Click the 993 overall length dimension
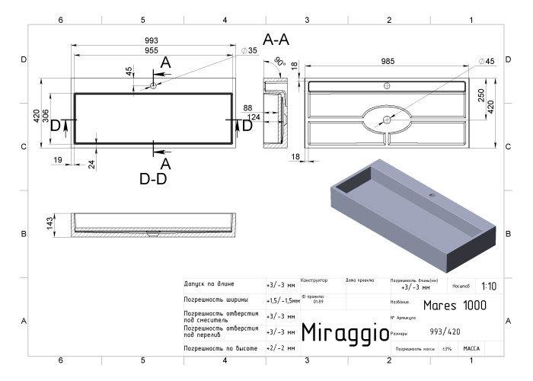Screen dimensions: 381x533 coord(152,41)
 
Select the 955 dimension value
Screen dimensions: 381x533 coord(152,50)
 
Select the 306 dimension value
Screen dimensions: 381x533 coord(46,117)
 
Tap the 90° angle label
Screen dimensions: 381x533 coord(279,62)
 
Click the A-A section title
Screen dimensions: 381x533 coord(276,40)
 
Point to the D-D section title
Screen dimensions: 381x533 coord(153,178)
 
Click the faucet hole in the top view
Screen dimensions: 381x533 coord(153,85)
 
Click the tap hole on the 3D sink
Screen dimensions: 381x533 coord(433,195)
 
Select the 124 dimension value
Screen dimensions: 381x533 coord(254,117)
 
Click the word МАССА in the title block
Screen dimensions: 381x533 coord(471,348)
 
